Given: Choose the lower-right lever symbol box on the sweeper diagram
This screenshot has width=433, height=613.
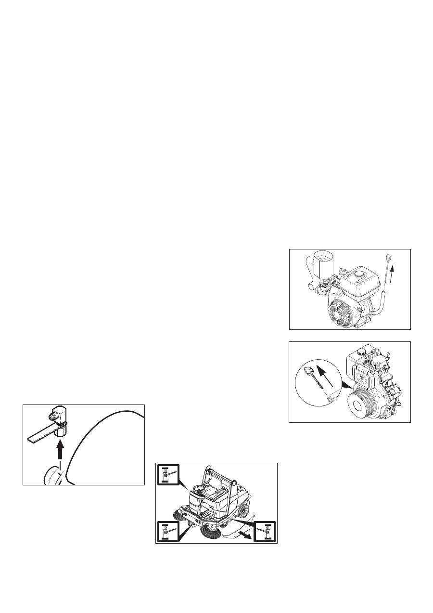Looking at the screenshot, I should [265, 531].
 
